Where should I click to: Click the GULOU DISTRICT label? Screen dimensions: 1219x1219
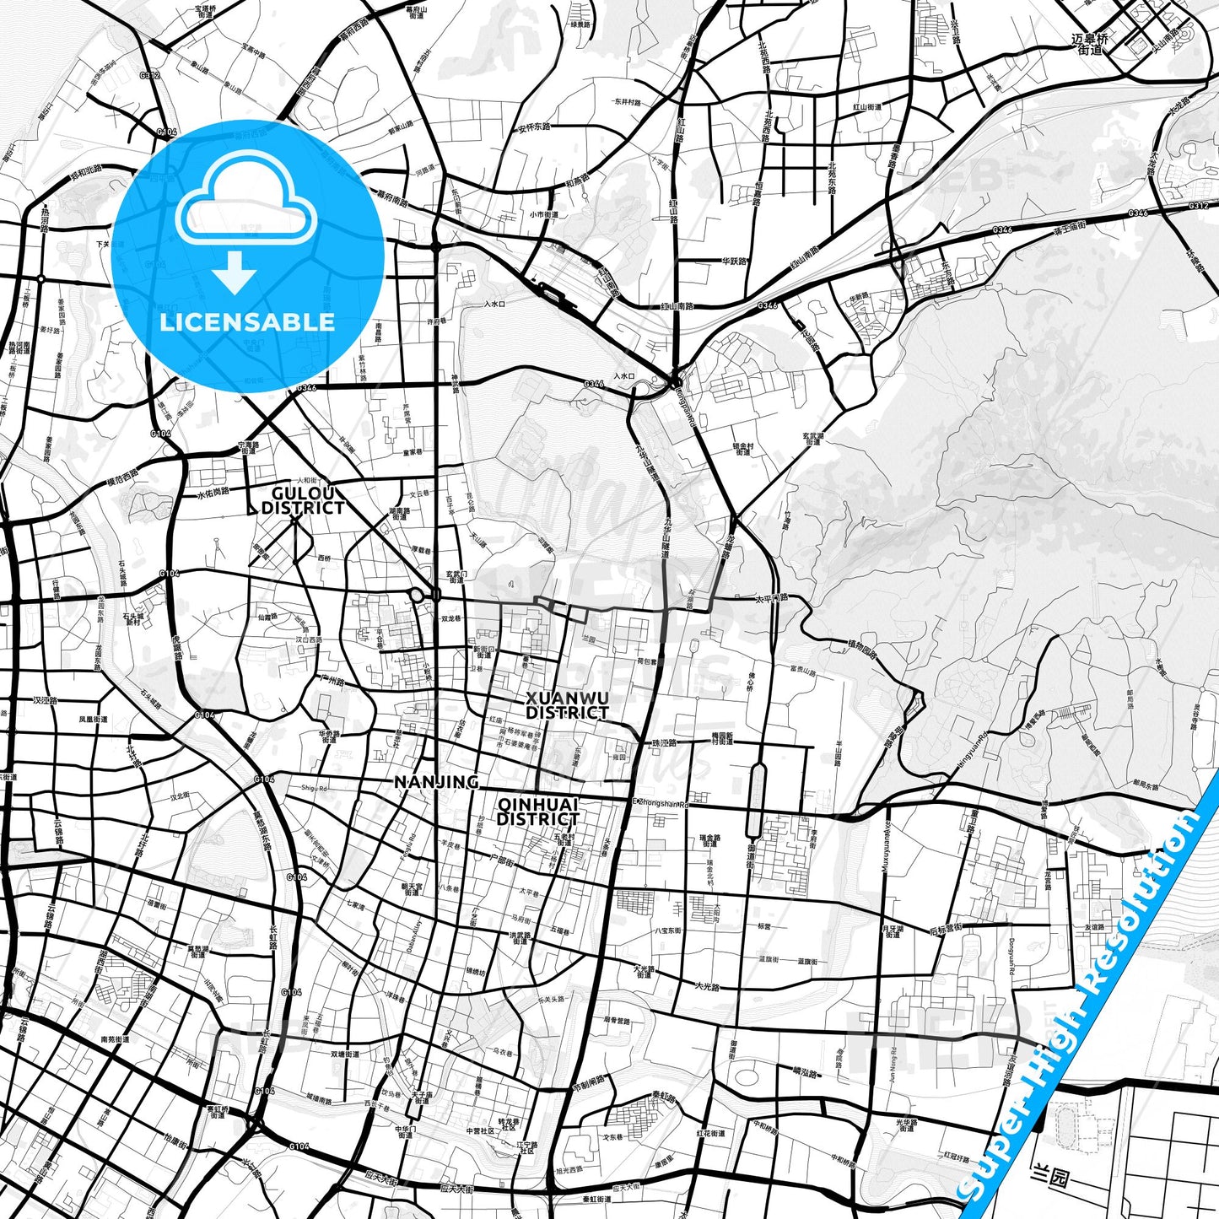click(303, 500)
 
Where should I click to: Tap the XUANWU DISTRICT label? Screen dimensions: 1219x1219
click(567, 705)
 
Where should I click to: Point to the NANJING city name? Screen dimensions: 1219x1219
click(436, 782)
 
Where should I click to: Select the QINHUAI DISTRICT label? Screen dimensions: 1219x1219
click(537, 812)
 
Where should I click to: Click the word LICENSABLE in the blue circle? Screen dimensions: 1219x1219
click(247, 321)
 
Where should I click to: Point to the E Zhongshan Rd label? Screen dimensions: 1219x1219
click(661, 803)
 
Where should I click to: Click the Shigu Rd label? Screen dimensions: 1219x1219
click(314, 788)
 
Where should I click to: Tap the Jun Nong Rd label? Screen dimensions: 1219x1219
click(893, 1064)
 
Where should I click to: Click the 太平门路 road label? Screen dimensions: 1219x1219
click(770, 598)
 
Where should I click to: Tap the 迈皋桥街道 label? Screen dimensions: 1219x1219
click(1090, 44)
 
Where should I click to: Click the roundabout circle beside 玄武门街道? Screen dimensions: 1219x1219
click(416, 596)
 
